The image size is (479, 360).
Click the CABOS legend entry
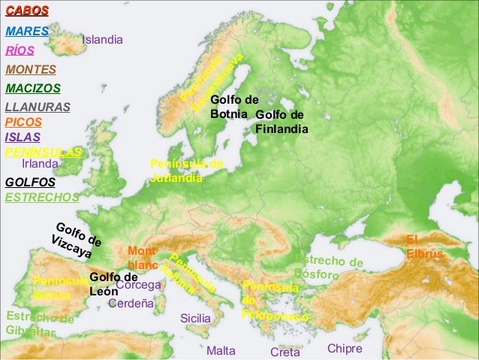(27, 11)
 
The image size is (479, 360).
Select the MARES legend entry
(27, 33)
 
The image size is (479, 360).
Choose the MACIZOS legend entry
(32, 89)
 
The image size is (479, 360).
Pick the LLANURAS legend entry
(38, 107)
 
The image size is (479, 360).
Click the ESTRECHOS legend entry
(41, 198)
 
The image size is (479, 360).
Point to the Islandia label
(102, 39)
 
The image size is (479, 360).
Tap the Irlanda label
(40, 162)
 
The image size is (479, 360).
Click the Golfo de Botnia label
(234, 107)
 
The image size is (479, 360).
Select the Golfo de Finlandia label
(282, 122)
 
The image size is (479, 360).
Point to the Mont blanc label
(142, 258)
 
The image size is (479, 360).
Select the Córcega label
(139, 286)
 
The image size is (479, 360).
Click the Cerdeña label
(131, 304)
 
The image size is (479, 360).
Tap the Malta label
(221, 351)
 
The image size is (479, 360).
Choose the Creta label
(285, 352)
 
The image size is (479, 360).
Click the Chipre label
(345, 349)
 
